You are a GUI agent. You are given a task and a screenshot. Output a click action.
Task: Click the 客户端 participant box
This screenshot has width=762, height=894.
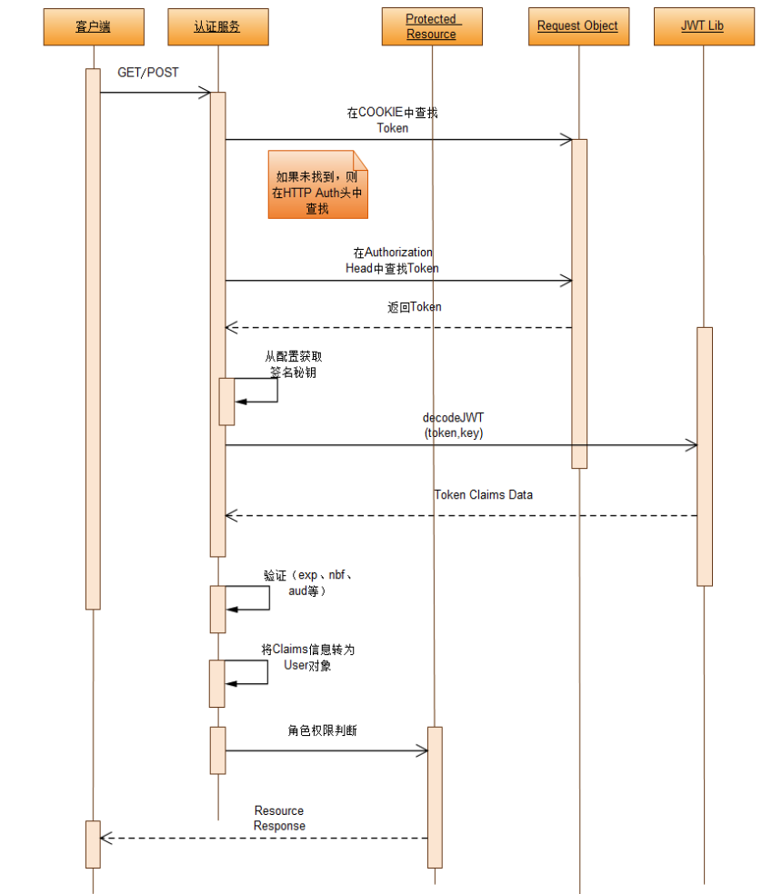[93, 27]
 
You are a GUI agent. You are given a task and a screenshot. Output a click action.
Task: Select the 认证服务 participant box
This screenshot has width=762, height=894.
[217, 27]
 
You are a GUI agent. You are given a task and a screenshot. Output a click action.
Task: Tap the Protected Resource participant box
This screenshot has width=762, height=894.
[432, 27]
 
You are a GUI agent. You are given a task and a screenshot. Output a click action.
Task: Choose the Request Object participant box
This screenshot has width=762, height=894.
[577, 27]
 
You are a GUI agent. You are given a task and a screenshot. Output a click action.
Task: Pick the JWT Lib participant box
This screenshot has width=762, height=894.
[702, 27]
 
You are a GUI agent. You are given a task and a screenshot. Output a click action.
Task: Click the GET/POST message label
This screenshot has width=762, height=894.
[148, 73]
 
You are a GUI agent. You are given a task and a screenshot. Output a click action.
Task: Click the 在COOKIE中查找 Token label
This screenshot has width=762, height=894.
[393, 121]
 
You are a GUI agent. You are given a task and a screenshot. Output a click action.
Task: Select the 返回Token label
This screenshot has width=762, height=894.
[414, 307]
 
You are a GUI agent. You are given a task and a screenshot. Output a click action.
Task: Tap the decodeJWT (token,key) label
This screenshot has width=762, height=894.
[454, 425]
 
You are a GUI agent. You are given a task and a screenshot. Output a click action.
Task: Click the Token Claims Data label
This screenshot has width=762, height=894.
[483, 495]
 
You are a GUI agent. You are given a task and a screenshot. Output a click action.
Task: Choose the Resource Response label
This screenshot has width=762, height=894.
[279, 818]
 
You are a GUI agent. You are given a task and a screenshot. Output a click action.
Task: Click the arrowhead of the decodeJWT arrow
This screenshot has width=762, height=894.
[692, 445]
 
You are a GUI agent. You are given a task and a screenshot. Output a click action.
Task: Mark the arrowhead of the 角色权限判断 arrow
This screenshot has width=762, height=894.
[422, 750]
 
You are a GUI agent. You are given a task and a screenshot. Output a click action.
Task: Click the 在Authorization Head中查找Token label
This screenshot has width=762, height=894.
[393, 260]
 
